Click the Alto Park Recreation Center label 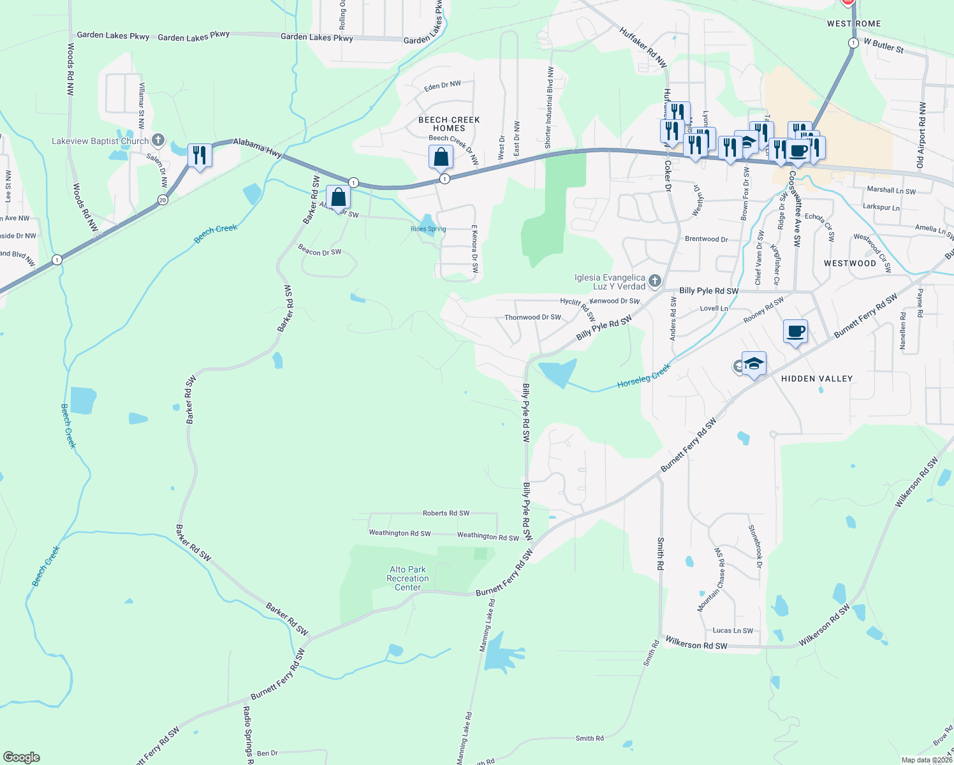[407, 578]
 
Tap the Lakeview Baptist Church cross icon [158, 140]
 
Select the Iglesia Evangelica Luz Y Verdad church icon [654, 281]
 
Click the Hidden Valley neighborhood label [816, 379]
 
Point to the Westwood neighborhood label [849, 263]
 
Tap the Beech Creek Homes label [449, 124]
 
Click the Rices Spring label [428, 229]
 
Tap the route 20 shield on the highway [163, 200]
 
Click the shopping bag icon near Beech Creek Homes [441, 156]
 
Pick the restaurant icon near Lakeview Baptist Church [200, 156]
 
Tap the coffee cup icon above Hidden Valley [795, 331]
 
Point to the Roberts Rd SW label [446, 513]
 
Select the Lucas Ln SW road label [733, 630]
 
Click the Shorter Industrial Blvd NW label [550, 108]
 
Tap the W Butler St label [883, 45]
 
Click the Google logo [21, 757]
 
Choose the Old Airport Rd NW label [921, 135]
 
